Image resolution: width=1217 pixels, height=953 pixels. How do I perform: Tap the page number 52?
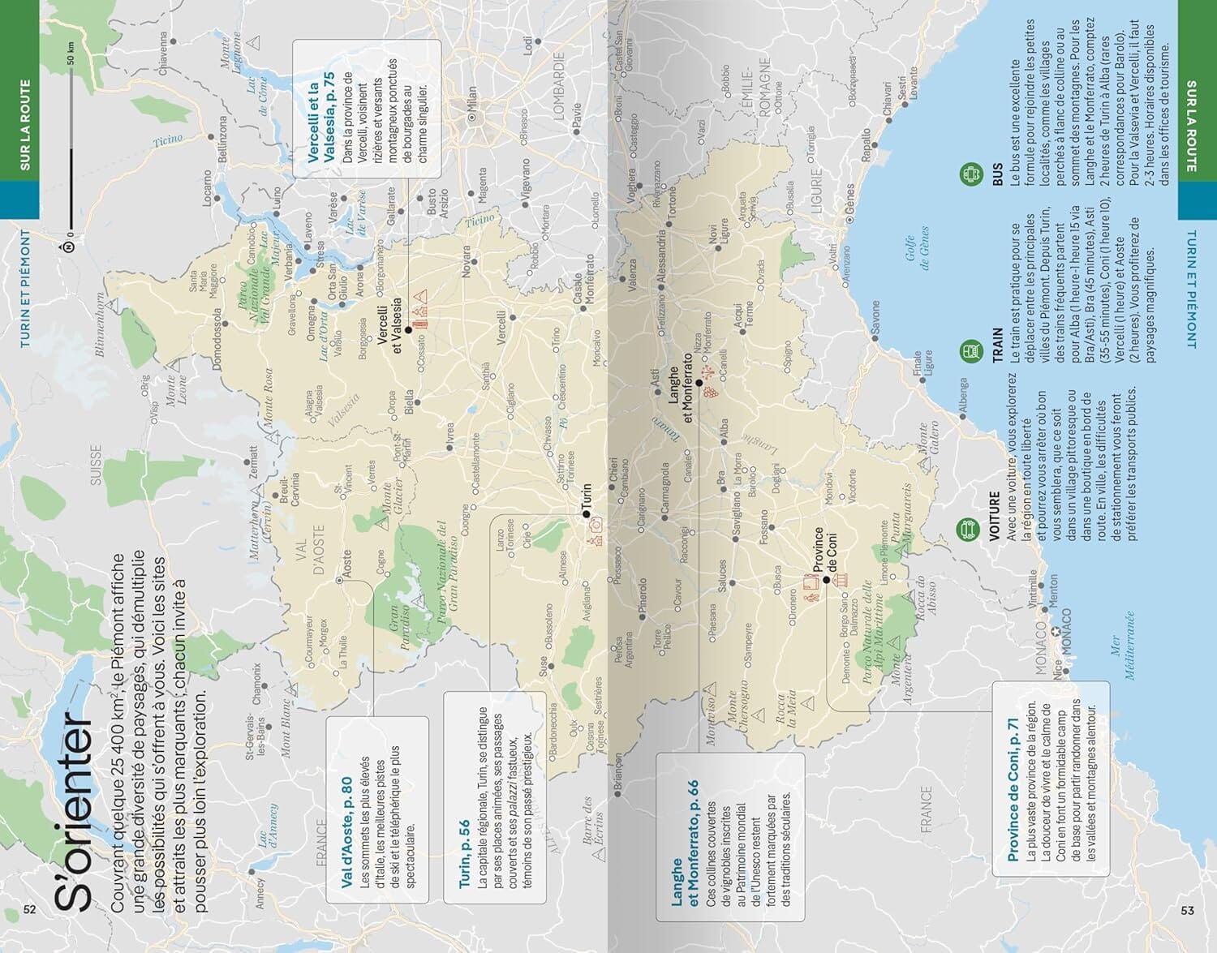point(30,909)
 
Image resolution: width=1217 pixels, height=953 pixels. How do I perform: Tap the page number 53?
point(1187,910)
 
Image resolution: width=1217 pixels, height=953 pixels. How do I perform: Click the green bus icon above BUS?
point(970,174)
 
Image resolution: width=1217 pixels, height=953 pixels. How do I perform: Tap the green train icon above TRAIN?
point(970,352)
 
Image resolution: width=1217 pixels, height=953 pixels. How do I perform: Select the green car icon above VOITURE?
point(966,530)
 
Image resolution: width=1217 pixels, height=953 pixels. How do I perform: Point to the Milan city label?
point(472,104)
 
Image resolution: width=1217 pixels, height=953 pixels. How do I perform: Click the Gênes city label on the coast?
point(849,200)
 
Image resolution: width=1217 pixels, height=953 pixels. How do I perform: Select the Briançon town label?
point(617,774)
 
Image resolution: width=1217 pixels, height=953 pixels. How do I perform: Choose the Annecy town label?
point(260,893)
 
